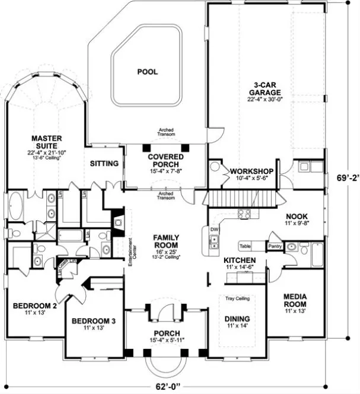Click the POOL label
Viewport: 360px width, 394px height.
(x=148, y=72)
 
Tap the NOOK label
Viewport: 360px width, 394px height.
(x=295, y=216)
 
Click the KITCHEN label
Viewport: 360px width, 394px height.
(x=240, y=260)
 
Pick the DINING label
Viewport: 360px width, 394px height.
(x=237, y=319)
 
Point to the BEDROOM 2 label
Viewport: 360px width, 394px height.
(x=35, y=306)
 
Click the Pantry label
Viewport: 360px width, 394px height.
(x=274, y=245)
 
